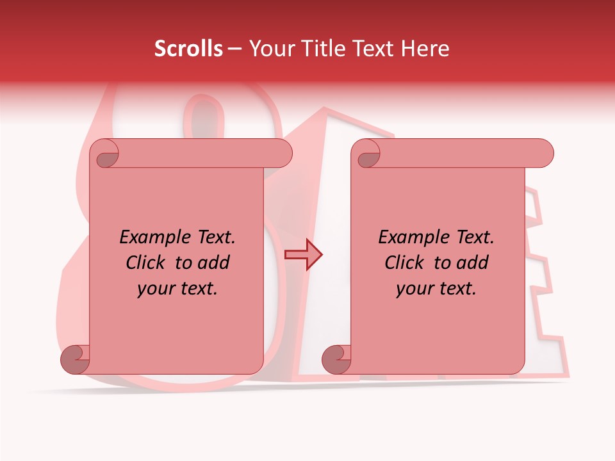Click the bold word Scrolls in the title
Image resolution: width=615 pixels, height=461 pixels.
click(189, 49)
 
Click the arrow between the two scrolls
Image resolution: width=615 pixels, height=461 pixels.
click(303, 254)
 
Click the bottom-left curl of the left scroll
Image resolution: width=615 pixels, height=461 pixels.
click(75, 359)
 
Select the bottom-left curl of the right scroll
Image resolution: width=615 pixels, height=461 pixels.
click(336, 359)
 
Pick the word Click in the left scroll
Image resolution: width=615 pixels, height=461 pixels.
click(148, 263)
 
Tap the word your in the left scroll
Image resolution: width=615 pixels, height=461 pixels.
click(156, 289)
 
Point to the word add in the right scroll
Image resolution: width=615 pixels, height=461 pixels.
click(473, 263)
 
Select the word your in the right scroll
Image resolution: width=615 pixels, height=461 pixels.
click(414, 289)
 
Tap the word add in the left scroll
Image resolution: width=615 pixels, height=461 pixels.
click(215, 263)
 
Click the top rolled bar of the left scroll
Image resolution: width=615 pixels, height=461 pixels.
click(192, 153)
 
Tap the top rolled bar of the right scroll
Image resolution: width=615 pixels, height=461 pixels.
click(455, 153)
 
